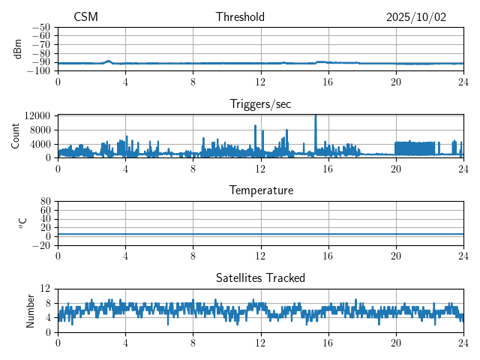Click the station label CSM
coord(85,17)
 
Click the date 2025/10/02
coord(416,17)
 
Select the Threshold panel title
coord(240,17)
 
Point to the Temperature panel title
coord(260,190)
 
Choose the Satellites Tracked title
coord(260,278)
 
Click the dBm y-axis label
coord(18,49)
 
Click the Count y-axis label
coord(15,136)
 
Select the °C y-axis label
coord(22,223)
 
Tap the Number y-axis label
coord(31,310)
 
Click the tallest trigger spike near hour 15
coord(316,116)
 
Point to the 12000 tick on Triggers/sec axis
coord(37,115)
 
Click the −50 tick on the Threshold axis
coord(41,27)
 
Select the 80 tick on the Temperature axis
coord(46,202)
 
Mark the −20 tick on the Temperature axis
coord(41,245)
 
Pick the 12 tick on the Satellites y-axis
coord(46,289)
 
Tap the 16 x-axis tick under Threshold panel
coord(328,81)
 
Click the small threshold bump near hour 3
coord(109,61)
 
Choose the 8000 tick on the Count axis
coord(39,129)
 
